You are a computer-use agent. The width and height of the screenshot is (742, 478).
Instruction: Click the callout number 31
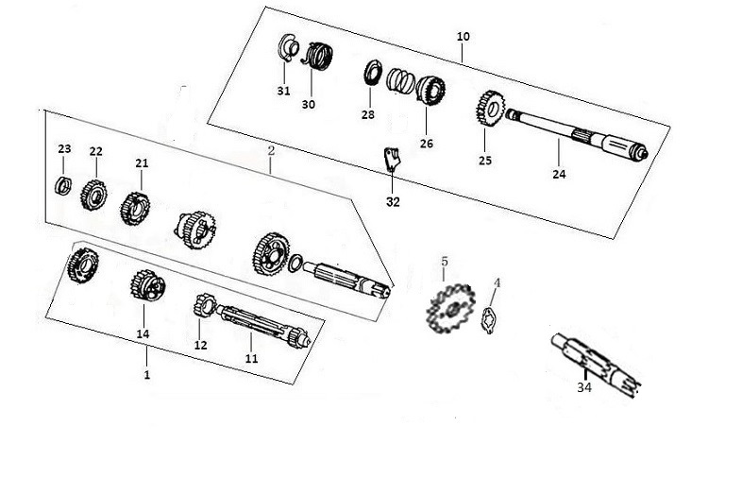pyautogui.click(x=283, y=91)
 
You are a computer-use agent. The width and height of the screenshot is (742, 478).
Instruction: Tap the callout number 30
pyautogui.click(x=308, y=104)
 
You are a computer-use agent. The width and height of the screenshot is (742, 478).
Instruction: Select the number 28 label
pyautogui.click(x=367, y=114)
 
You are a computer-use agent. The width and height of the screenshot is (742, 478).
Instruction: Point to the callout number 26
pyautogui.click(x=427, y=144)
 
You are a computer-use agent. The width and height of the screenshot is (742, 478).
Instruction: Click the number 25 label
pyautogui.click(x=485, y=161)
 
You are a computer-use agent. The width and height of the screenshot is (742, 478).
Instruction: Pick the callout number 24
pyautogui.click(x=559, y=175)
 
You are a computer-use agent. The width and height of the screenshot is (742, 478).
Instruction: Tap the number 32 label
pyautogui.click(x=393, y=202)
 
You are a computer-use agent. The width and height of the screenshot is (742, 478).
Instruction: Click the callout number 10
pyautogui.click(x=464, y=37)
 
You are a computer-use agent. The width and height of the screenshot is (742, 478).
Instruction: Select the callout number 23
pyautogui.click(x=64, y=148)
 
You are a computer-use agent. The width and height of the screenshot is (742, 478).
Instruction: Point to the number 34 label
pyautogui.click(x=584, y=387)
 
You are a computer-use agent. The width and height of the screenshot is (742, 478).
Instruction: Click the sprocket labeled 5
pyautogui.click(x=450, y=308)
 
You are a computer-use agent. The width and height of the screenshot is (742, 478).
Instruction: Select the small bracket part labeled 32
pyautogui.click(x=391, y=160)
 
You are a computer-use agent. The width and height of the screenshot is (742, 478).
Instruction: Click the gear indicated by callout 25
pyautogui.click(x=490, y=109)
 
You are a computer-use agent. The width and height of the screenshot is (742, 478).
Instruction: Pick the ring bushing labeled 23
pyautogui.click(x=63, y=185)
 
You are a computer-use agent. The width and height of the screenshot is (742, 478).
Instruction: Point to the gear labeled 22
pyautogui.click(x=93, y=195)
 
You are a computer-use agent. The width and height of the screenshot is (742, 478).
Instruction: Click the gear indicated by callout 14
pyautogui.click(x=147, y=285)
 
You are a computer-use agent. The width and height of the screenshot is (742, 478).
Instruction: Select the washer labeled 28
pyautogui.click(x=373, y=73)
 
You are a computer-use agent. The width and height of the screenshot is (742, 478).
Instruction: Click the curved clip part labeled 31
pyautogui.click(x=287, y=48)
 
